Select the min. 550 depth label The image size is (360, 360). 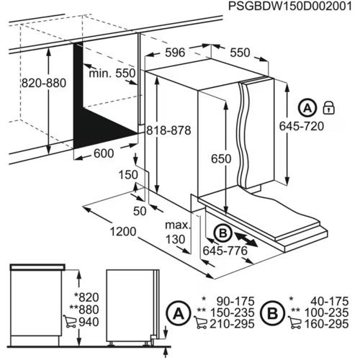(x=112, y=75)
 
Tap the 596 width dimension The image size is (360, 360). (x=174, y=52)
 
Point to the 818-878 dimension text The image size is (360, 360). (x=168, y=130)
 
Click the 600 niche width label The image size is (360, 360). (x=104, y=154)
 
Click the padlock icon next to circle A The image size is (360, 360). (x=330, y=108)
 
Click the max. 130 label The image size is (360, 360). (x=176, y=233)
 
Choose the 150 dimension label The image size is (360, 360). (x=128, y=175)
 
